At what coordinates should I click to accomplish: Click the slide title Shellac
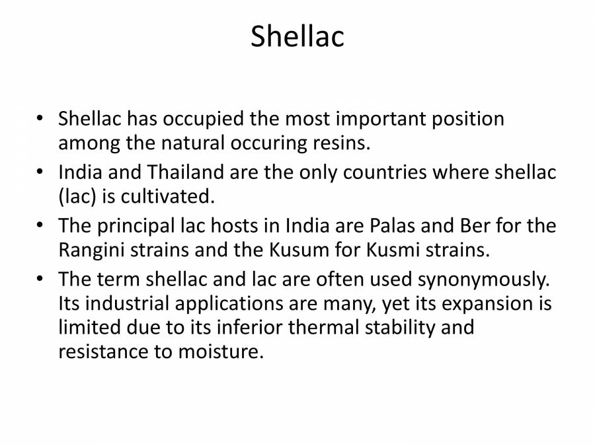[297, 37]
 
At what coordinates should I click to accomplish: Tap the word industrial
[134, 304]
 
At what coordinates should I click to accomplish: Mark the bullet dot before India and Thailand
[41, 173]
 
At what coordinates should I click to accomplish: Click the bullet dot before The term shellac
[41, 280]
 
